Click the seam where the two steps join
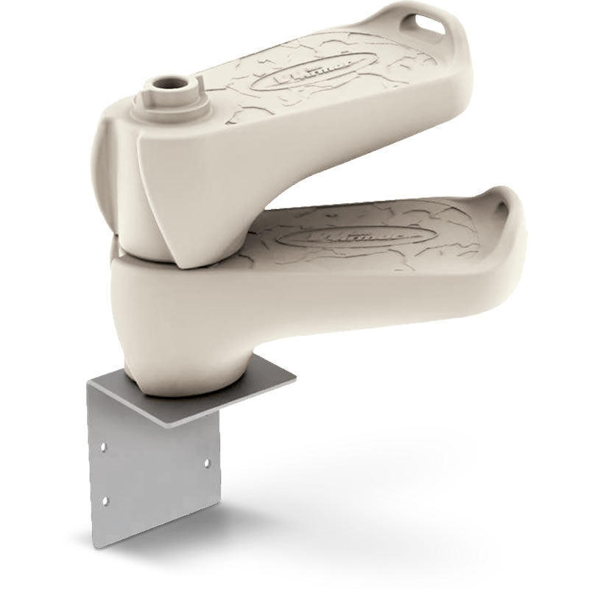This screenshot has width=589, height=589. (147, 250)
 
